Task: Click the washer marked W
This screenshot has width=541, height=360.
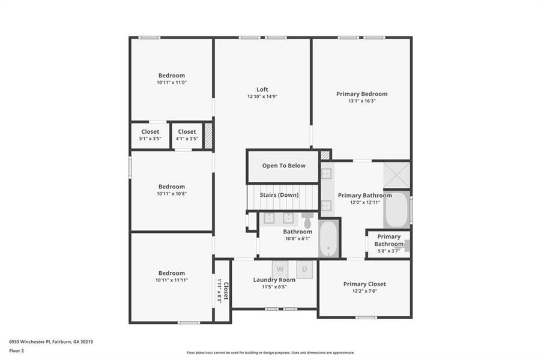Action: [280, 269]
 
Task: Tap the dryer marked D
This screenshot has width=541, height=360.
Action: [304, 269]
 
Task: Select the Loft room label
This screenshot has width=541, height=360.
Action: [262, 89]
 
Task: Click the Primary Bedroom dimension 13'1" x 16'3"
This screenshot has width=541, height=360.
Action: [361, 101]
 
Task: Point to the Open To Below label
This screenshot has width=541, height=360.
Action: [283, 166]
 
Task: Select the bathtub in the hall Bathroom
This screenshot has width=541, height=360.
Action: [329, 238]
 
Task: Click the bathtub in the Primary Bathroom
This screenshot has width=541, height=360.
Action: [396, 209]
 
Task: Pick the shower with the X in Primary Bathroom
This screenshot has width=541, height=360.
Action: [397, 175]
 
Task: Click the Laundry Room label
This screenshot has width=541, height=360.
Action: [274, 280]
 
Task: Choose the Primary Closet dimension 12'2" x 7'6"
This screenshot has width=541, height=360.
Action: [364, 292]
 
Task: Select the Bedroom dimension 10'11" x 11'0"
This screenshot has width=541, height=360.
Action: [172, 82]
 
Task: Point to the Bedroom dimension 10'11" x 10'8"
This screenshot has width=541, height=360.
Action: [172, 194]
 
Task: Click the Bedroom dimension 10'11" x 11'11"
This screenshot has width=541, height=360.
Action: [172, 280]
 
